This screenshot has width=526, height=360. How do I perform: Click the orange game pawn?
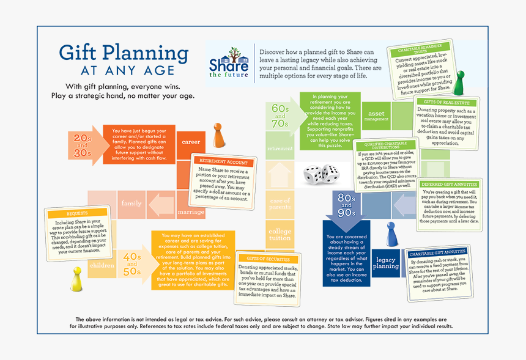pyautogui.click(x=218, y=136)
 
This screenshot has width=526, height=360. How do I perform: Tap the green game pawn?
pyautogui.click(x=458, y=83)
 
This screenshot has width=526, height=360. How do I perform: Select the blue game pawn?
pyautogui.click(x=391, y=235)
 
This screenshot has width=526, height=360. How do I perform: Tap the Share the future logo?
pyautogui.click(x=229, y=62)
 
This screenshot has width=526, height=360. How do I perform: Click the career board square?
pyautogui.click(x=191, y=142)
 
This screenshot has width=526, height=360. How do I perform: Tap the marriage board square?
pyautogui.click(x=191, y=212)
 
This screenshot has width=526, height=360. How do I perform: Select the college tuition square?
pyautogui.click(x=280, y=235)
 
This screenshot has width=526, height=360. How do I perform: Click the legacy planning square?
pyautogui.click(x=385, y=263)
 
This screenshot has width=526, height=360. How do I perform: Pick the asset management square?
pyautogui.click(x=376, y=116)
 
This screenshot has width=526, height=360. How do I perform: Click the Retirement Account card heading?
pyautogui.click(x=224, y=162)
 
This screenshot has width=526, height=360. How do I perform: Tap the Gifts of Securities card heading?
pyautogui.click(x=267, y=259)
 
